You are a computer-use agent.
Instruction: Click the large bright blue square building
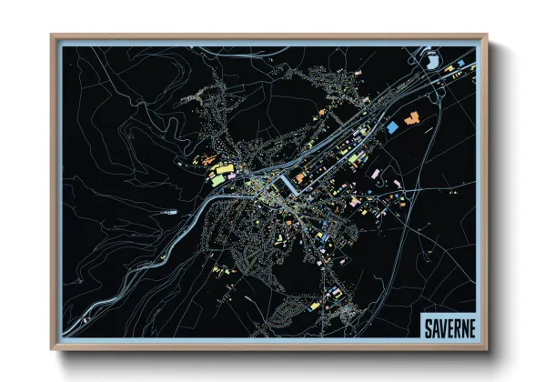coord(392,127)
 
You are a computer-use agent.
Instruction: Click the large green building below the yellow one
coord(218,179)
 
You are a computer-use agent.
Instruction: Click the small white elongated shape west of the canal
coord(168,213)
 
